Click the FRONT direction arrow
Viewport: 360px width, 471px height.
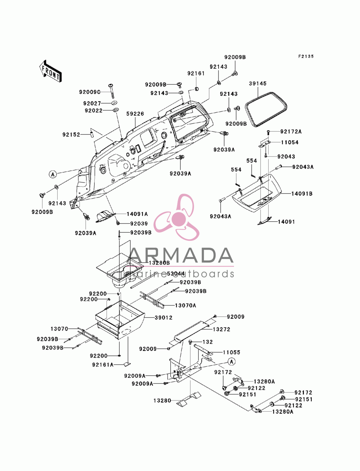click(x=50, y=71)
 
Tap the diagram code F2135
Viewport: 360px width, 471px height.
click(x=306, y=56)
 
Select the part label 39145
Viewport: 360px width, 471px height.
click(x=257, y=83)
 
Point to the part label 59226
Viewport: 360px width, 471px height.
click(x=135, y=113)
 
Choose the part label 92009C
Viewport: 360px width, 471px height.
click(x=90, y=92)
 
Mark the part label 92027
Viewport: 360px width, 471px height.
click(x=92, y=103)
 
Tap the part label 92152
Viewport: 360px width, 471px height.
click(x=71, y=135)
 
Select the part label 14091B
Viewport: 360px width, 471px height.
click(x=302, y=194)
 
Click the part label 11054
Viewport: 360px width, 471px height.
click(x=289, y=142)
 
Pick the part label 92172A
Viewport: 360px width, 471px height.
click(x=291, y=132)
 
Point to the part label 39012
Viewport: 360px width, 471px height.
click(x=163, y=318)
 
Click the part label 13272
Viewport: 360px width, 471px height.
click(x=221, y=329)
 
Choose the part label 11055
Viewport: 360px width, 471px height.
click(x=231, y=352)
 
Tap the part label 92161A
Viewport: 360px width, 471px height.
click(x=103, y=364)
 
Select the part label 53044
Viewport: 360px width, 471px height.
click(x=176, y=273)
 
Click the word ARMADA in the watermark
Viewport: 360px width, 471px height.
click(x=181, y=255)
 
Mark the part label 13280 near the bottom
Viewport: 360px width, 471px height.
click(x=162, y=400)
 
